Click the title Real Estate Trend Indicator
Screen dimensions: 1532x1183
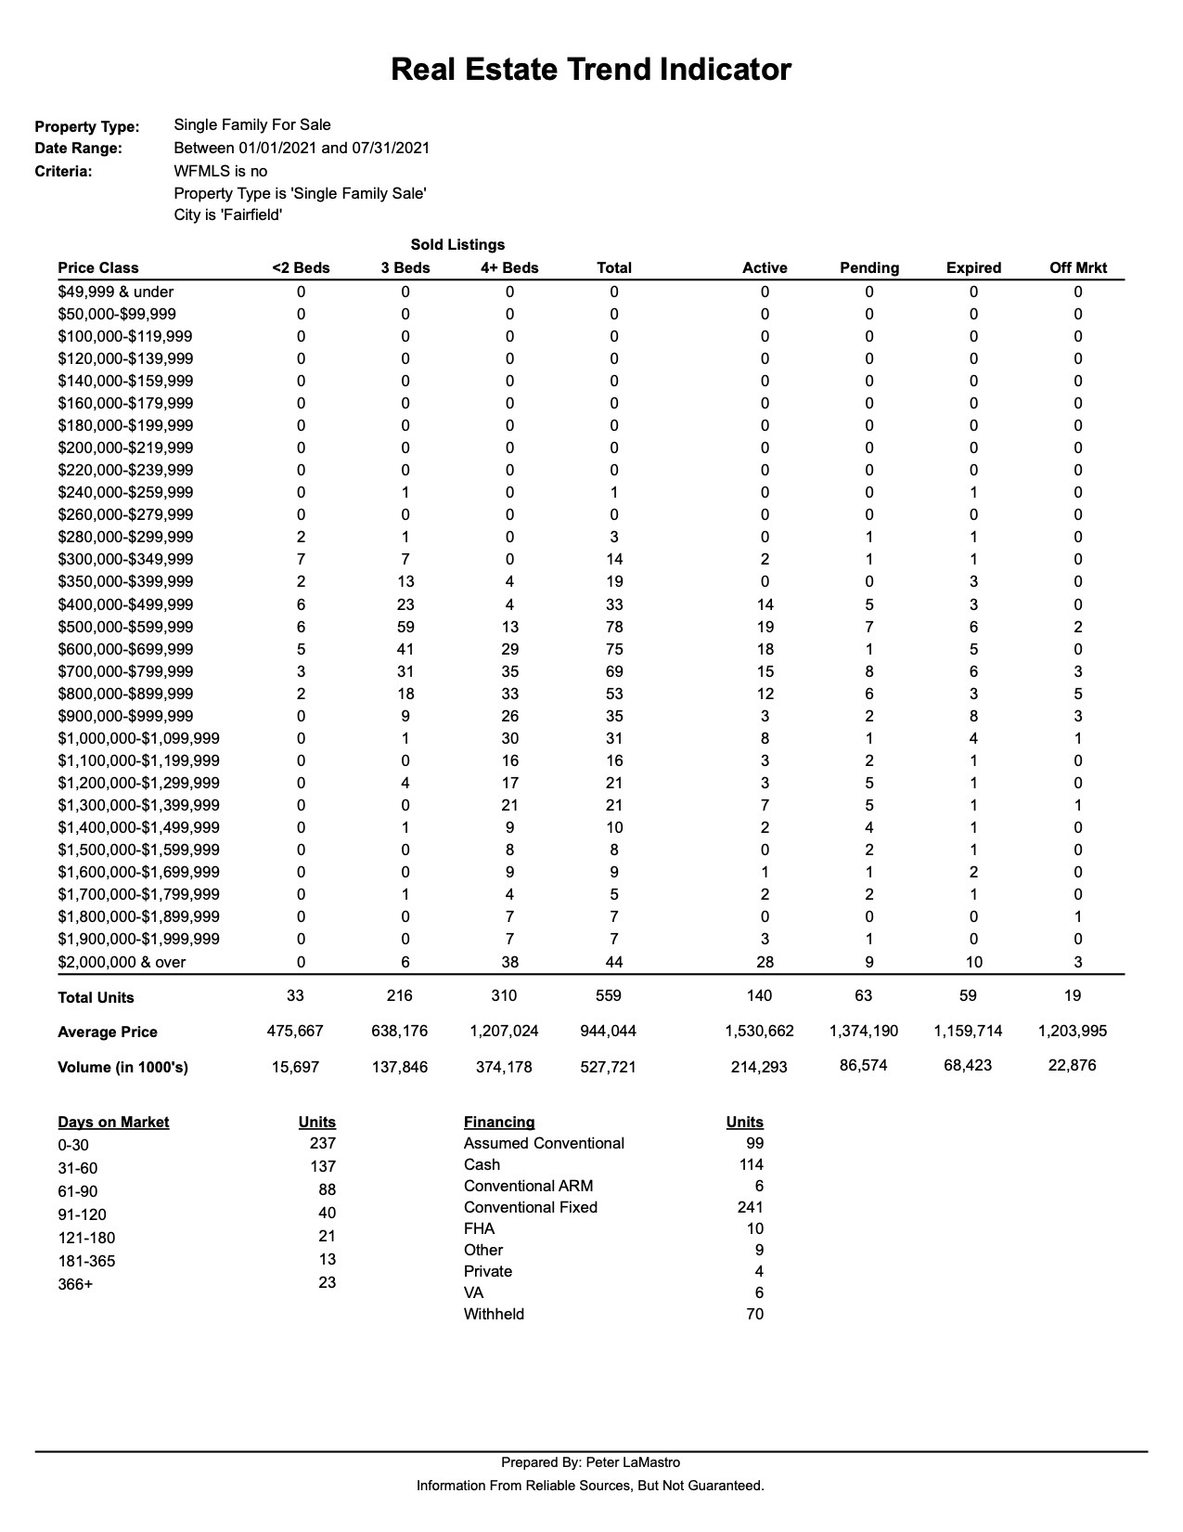tap(590, 70)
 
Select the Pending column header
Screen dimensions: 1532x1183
tap(868, 267)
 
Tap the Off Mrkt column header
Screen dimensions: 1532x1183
tap(1078, 267)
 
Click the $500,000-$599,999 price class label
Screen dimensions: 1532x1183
tap(125, 627)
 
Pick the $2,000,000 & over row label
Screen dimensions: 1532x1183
tap(122, 962)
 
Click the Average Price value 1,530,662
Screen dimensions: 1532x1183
tap(759, 1031)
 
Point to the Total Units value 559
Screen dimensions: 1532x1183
tap(608, 995)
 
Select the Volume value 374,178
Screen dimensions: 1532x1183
tap(504, 1067)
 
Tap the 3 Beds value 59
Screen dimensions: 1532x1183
tap(405, 627)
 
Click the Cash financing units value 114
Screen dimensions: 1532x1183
tap(751, 1164)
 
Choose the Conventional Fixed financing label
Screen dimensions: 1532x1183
tap(531, 1207)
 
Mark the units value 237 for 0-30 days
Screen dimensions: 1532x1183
tap(322, 1143)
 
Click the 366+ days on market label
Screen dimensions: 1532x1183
tap(75, 1284)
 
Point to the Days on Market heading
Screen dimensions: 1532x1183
tap(113, 1122)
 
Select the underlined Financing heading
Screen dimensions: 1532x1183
tap(499, 1122)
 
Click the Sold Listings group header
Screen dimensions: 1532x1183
tap(457, 244)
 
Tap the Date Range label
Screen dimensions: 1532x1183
tap(78, 149)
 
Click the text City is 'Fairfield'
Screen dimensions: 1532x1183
tap(228, 214)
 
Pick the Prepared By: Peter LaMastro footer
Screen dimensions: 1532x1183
tap(590, 1462)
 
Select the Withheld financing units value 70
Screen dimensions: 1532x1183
tap(754, 1314)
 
